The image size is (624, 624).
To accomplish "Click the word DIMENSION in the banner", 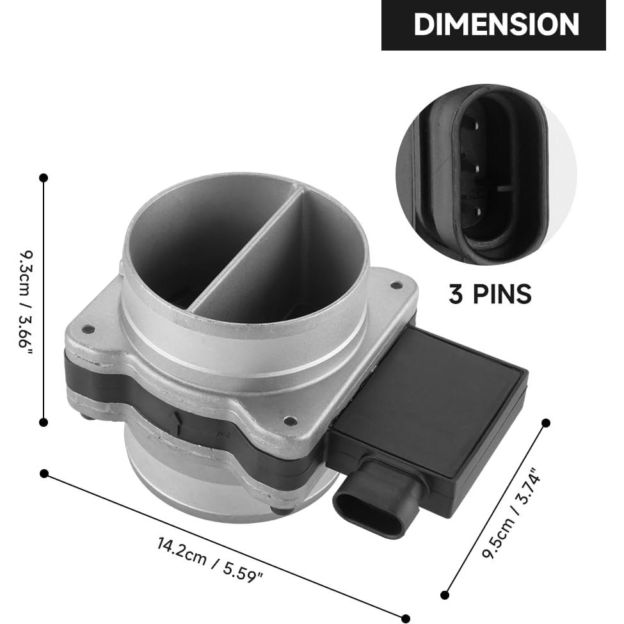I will tap(496, 25).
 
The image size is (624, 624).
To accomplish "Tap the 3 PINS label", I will tap(490, 294).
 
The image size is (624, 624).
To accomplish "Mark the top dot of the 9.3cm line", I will tap(44, 177).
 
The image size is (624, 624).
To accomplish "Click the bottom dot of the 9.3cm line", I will tap(44, 422).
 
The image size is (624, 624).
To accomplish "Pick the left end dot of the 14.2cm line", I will tap(44, 474).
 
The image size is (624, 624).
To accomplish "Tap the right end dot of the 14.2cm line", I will tap(405, 618).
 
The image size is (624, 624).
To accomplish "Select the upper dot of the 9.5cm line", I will tap(546, 422).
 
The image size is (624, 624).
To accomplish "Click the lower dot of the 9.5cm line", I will tap(445, 595).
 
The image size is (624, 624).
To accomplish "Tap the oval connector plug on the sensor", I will tap(371, 506).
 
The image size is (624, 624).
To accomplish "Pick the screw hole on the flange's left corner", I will tap(88, 330).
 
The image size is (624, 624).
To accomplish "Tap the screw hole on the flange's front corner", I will tap(290, 421).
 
